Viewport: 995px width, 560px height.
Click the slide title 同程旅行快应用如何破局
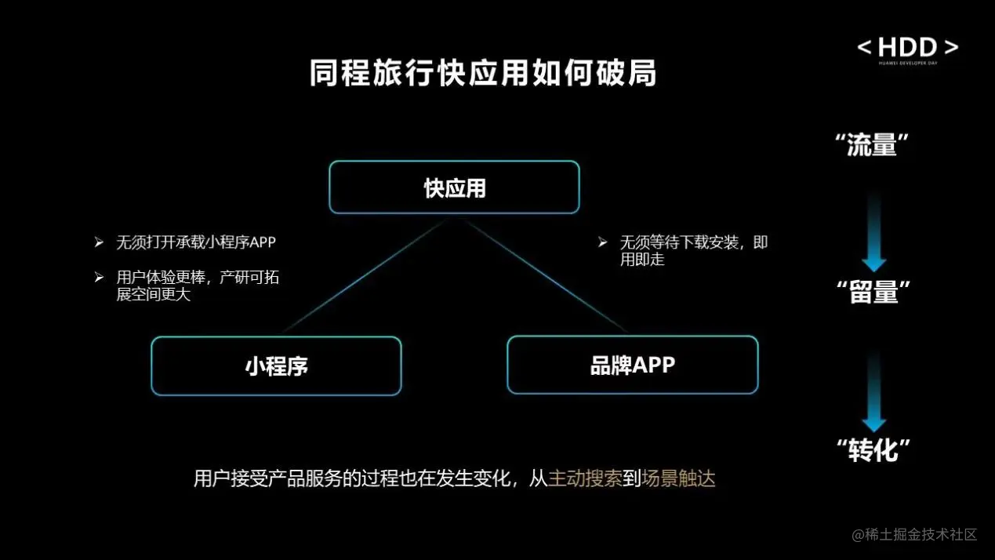pyautogui.click(x=482, y=73)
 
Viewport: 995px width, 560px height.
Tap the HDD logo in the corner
pyautogui.click(x=907, y=49)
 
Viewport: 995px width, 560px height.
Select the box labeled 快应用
pyautogui.click(x=454, y=187)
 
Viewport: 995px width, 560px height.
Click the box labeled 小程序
pyautogui.click(x=276, y=366)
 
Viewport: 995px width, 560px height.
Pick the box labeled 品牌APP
pyautogui.click(x=632, y=365)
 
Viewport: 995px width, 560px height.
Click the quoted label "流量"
pyautogui.click(x=873, y=145)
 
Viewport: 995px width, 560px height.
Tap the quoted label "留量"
pyautogui.click(x=873, y=293)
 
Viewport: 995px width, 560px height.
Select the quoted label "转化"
pyautogui.click(x=873, y=449)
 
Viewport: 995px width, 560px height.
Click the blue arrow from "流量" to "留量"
pyautogui.click(x=873, y=231)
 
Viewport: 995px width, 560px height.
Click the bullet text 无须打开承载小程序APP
pyautogui.click(x=196, y=242)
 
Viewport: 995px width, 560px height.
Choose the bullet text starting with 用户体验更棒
pyautogui.click(x=197, y=286)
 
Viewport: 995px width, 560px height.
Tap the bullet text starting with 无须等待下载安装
pyautogui.click(x=693, y=250)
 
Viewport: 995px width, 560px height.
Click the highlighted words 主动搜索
pyautogui.click(x=585, y=478)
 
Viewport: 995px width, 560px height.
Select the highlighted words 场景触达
pyautogui.click(x=678, y=478)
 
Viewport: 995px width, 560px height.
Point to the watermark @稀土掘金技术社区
pyautogui.click(x=914, y=534)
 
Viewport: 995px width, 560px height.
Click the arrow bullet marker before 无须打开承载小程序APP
pyautogui.click(x=99, y=242)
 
